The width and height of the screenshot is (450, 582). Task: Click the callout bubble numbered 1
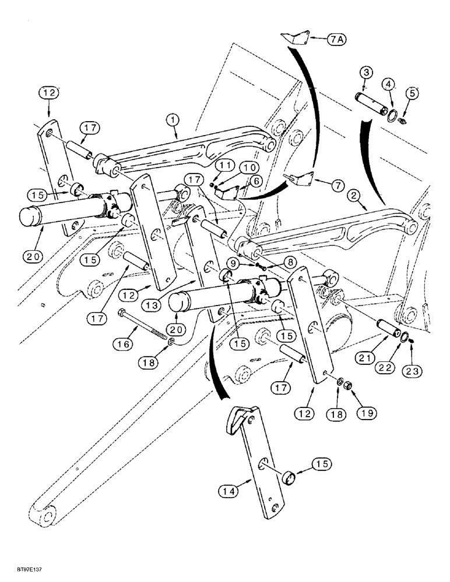[173, 120]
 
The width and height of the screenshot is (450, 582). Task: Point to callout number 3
[365, 72]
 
